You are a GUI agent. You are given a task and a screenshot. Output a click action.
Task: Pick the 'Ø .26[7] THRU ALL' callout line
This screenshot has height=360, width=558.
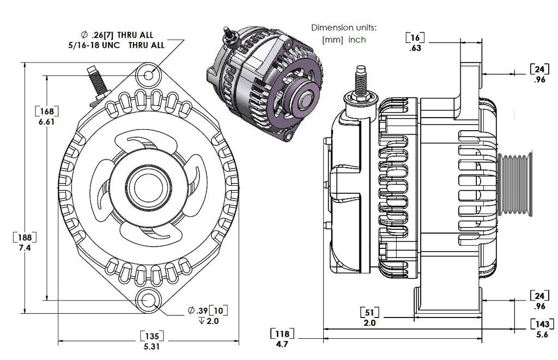click(117, 35)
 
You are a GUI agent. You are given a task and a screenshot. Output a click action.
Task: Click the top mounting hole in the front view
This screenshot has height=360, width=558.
click(149, 74)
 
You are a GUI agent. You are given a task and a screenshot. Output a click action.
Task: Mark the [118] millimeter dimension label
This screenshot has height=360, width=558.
click(282, 334)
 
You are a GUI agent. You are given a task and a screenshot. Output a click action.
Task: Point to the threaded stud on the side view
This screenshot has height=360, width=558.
click(360, 81)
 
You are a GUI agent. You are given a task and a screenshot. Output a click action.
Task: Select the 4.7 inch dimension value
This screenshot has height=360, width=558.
click(282, 344)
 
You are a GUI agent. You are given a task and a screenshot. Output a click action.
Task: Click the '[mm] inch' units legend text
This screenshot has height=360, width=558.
click(344, 40)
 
